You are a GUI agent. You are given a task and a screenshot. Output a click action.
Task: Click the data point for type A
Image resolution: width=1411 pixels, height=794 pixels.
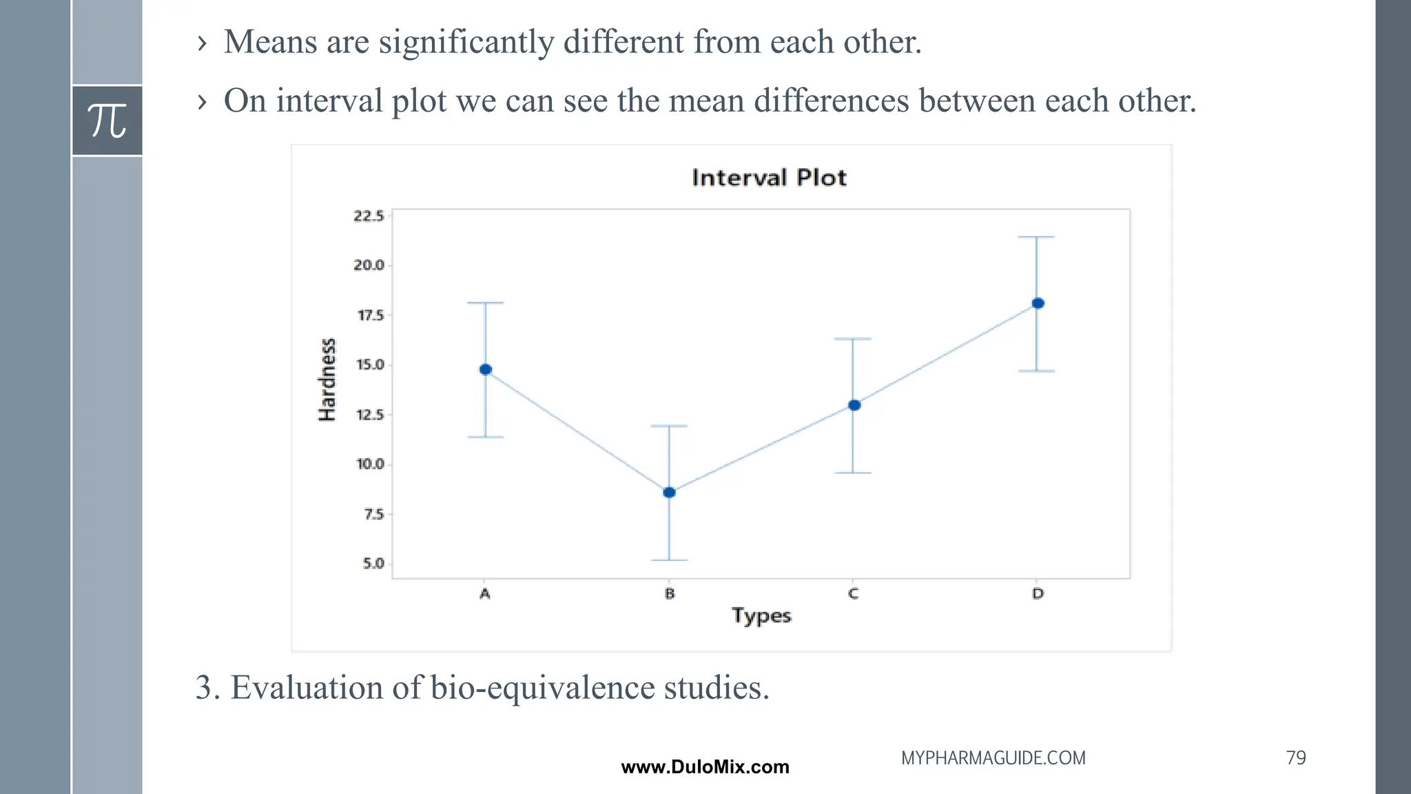coord(486,369)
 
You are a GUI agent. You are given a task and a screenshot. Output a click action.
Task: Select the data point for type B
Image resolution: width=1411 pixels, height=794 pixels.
coord(669,492)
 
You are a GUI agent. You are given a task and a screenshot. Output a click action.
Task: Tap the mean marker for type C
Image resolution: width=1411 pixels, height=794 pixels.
coord(854,405)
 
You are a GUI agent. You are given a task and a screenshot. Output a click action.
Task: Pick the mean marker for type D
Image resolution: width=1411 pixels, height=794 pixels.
coord(1038,303)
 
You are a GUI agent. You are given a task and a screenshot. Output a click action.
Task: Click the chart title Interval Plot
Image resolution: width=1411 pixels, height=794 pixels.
coord(769,178)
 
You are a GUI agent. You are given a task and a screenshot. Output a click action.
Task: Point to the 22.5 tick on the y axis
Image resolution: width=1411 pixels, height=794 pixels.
coord(369,216)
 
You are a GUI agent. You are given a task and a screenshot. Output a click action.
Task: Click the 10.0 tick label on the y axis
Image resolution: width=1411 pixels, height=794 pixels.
coord(370,465)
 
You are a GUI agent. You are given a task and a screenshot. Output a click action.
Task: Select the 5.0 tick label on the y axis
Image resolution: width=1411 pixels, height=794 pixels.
coord(373,564)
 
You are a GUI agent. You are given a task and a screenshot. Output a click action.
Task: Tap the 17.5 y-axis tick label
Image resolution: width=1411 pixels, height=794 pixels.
coord(370,316)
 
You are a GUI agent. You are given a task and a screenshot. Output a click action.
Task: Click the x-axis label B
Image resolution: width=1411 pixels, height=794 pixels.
coord(669,593)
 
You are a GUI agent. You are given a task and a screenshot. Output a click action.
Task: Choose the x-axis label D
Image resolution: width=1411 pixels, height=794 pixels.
coord(1038,593)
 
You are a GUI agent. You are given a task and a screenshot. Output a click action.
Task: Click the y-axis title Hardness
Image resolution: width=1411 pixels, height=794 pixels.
coord(327,380)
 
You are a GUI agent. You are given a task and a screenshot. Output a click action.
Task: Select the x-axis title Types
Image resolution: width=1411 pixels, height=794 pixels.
coord(761,615)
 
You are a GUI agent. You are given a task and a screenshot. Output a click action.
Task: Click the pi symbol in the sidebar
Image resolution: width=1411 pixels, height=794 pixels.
coord(107,121)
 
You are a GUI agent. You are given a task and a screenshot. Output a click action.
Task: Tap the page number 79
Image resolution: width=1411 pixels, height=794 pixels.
coord(1295,757)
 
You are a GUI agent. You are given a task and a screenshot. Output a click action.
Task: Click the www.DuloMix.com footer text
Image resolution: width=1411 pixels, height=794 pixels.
coord(705,767)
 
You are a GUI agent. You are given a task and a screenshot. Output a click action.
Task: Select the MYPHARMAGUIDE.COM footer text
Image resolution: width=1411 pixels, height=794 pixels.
coord(993,758)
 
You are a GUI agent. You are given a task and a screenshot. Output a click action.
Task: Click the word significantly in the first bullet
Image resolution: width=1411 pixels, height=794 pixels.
coord(466,43)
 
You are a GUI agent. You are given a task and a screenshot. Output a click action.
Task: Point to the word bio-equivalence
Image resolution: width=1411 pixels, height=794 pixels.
coord(543,688)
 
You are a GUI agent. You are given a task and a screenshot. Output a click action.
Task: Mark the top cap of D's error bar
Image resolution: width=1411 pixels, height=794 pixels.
coord(1036,237)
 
